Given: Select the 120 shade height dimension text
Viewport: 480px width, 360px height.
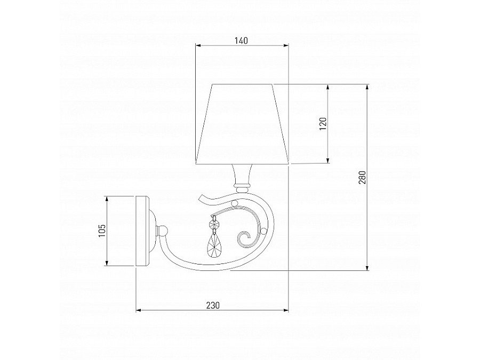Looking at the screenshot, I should (322, 124).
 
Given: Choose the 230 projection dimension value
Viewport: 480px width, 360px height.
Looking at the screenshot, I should (212, 305).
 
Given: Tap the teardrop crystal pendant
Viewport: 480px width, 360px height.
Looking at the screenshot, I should (213, 247).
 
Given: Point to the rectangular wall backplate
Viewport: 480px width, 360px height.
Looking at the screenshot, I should (142, 231).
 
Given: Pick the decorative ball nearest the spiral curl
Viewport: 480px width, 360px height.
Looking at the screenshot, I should (262, 231).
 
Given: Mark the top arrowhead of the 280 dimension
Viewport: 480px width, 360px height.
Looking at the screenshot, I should (367, 86).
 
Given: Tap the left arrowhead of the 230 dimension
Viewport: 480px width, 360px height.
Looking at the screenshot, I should (138, 310).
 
